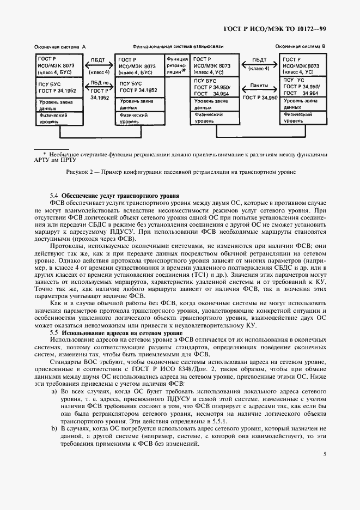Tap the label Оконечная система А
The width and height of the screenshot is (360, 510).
coord(60,47)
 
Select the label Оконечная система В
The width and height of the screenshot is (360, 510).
coord(301,47)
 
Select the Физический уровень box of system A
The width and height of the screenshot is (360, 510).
coord(58,119)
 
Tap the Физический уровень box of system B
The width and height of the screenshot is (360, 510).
coord(302,119)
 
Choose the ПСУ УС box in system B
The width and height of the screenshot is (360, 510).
coord(302,87)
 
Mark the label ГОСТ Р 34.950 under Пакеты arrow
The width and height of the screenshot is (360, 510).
coord(260,97)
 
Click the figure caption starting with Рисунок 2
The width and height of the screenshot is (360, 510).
coord(180,173)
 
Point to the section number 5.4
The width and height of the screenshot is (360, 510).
coord(54,195)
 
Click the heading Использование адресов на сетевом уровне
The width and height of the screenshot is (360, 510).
coord(124,332)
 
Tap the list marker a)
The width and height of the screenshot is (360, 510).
coord(54,392)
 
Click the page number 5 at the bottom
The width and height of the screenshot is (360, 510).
coord(324,454)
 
